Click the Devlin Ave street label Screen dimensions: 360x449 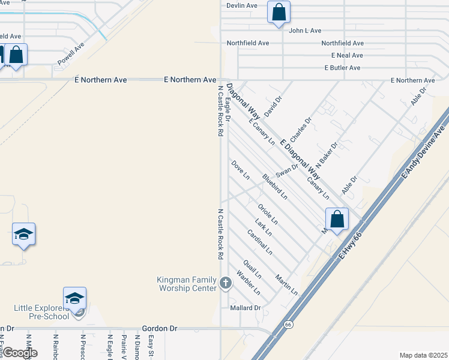[x=242, y=5]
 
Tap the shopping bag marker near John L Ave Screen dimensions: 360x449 [x=279, y=12]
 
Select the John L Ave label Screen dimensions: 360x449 [x=306, y=31]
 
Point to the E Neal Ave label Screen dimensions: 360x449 [x=347, y=55]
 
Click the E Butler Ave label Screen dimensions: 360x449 [x=342, y=68]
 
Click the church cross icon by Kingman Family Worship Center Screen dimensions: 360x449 [x=225, y=282]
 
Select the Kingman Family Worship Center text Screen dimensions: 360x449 [x=186, y=284]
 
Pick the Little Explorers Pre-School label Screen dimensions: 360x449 [x=41, y=312]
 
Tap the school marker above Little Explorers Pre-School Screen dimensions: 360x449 [x=74, y=298]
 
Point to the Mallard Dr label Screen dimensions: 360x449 [x=246, y=308]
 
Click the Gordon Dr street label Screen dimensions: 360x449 [x=160, y=329]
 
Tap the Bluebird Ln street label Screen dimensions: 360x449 [x=274, y=187]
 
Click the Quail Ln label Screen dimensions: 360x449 [x=252, y=269]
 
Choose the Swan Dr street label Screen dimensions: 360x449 [x=287, y=170]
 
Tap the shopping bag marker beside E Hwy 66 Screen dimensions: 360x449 [x=337, y=219]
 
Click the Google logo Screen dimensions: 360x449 [x=19, y=353]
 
